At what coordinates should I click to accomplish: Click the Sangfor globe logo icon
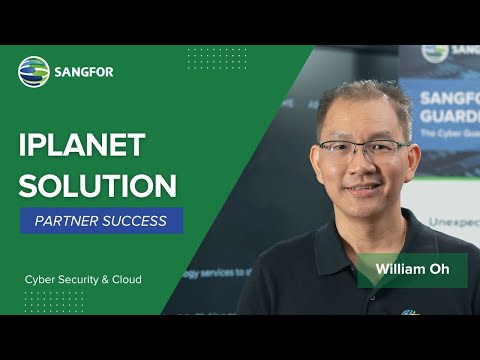coord(33,71)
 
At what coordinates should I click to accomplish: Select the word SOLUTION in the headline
coord(98,185)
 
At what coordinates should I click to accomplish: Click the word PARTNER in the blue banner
coord(66,220)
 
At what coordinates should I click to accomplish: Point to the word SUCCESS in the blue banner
coord(139,220)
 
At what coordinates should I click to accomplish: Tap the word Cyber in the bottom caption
coord(41,279)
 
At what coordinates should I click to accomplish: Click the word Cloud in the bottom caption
coord(126,279)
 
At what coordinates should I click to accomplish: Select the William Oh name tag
coord(412,271)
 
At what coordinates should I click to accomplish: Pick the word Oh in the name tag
coord(439,271)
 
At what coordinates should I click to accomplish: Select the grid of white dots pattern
coord(216,60)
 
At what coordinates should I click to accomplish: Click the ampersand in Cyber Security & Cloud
coord(105,279)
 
